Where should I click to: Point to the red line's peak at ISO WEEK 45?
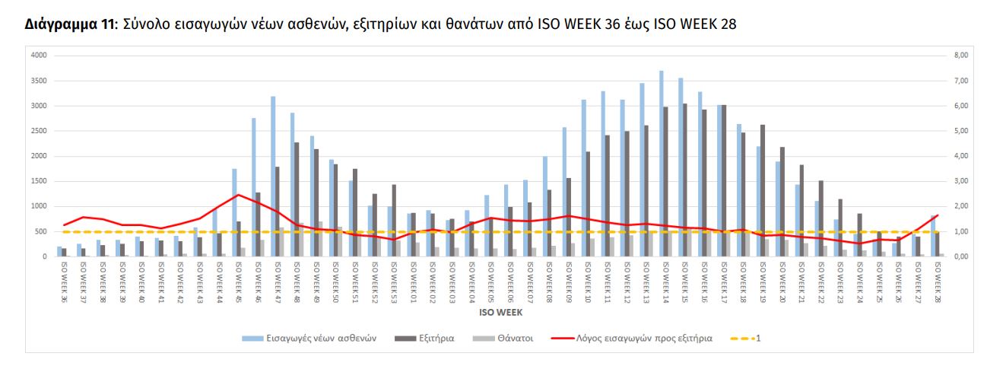pos(238,195)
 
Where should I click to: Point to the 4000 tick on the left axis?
pos(40,56)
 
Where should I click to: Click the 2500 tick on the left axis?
pos(40,131)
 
